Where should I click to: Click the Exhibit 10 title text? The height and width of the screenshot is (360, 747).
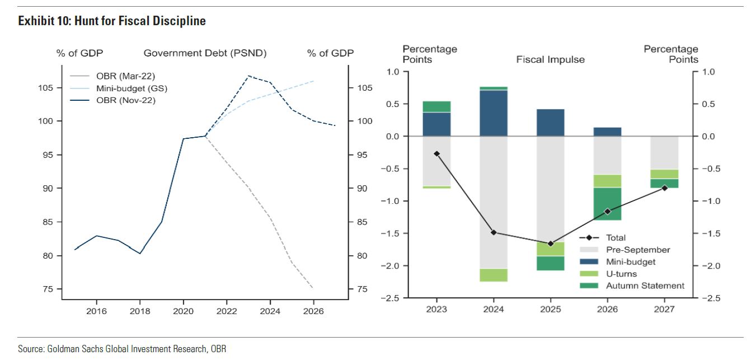coord(112,21)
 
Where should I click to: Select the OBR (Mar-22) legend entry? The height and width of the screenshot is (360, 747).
coord(129,76)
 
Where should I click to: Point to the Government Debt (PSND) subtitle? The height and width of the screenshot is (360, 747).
coord(205,53)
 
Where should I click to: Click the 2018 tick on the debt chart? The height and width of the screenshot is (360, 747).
coord(140,311)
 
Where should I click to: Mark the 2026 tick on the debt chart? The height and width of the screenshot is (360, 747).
coord(313,311)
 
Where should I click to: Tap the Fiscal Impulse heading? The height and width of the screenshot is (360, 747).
coord(550,59)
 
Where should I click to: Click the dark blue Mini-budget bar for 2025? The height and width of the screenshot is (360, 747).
coord(551,123)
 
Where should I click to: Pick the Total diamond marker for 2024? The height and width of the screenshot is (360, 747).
coord(494,232)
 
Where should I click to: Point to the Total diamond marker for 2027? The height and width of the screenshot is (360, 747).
coord(664,188)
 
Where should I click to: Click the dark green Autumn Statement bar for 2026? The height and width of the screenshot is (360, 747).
coord(607,204)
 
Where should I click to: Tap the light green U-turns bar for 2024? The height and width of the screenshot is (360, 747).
coord(494,275)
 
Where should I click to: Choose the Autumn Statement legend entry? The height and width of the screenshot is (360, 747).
coord(645,286)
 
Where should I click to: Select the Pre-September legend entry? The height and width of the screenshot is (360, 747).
coord(638,250)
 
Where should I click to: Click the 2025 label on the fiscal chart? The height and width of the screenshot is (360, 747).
coord(551,310)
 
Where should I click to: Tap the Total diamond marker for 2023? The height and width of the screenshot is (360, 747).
coord(436,153)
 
